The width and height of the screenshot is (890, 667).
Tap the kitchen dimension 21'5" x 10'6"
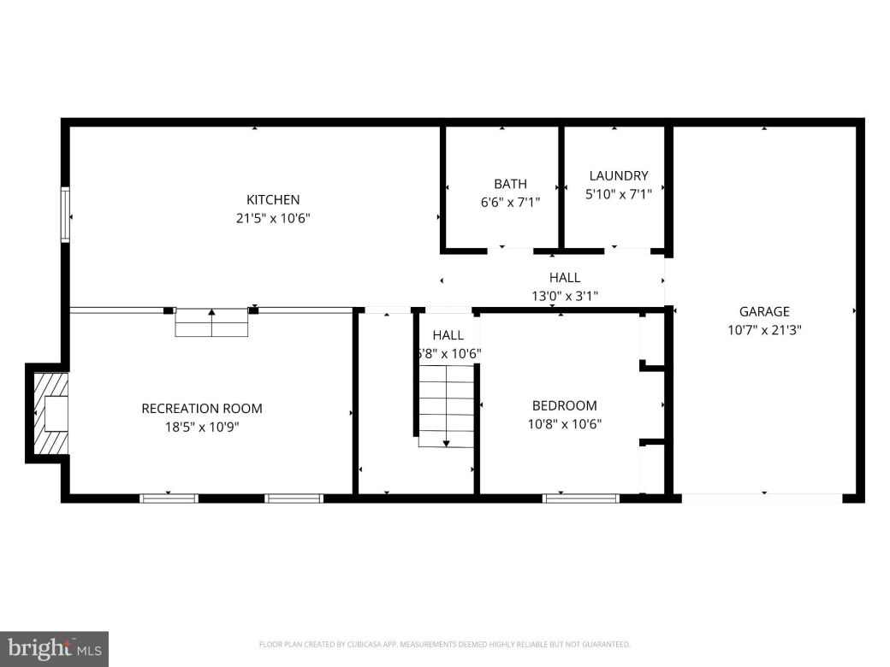click(x=272, y=218)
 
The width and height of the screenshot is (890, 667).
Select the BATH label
click(x=510, y=184)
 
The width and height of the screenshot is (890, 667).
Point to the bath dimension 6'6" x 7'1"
click(x=510, y=203)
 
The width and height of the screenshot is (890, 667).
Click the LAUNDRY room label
click(x=619, y=176)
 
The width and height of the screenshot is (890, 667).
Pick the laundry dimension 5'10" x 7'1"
click(x=619, y=194)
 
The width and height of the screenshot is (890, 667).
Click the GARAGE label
click(x=764, y=311)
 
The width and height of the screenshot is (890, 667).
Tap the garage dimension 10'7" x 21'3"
click(x=764, y=328)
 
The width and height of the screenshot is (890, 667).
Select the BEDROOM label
click(x=564, y=405)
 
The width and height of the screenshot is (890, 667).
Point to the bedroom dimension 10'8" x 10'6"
click(x=564, y=422)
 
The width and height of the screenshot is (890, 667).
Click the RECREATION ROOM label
click(x=202, y=408)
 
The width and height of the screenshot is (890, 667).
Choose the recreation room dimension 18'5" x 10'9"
click(x=202, y=426)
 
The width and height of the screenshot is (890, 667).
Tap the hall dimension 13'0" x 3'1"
click(x=564, y=296)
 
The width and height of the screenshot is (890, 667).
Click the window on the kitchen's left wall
click(x=65, y=215)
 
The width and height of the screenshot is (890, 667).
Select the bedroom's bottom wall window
click(x=581, y=497)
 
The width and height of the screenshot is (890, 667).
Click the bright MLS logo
click(x=54, y=649)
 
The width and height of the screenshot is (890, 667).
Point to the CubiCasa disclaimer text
click(x=444, y=644)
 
